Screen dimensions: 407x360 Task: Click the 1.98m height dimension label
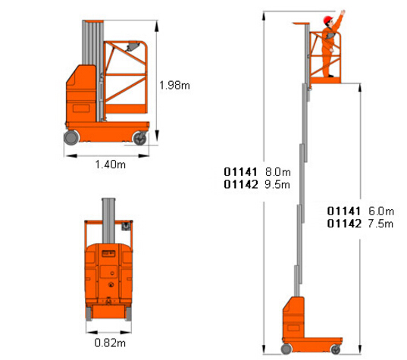[x=174, y=86]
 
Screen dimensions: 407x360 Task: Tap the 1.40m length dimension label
[x=111, y=164]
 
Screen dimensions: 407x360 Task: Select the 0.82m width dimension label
[x=110, y=343]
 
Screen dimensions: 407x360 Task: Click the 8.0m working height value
[x=278, y=172]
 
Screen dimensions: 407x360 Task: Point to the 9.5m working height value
[x=277, y=184]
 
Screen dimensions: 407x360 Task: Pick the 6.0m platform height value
[x=381, y=211]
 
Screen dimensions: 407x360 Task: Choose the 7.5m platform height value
[x=380, y=224]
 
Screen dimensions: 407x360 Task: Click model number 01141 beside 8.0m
[x=240, y=172]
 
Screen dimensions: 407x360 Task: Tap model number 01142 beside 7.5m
[x=344, y=224]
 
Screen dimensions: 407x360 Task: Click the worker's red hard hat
[x=328, y=20]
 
